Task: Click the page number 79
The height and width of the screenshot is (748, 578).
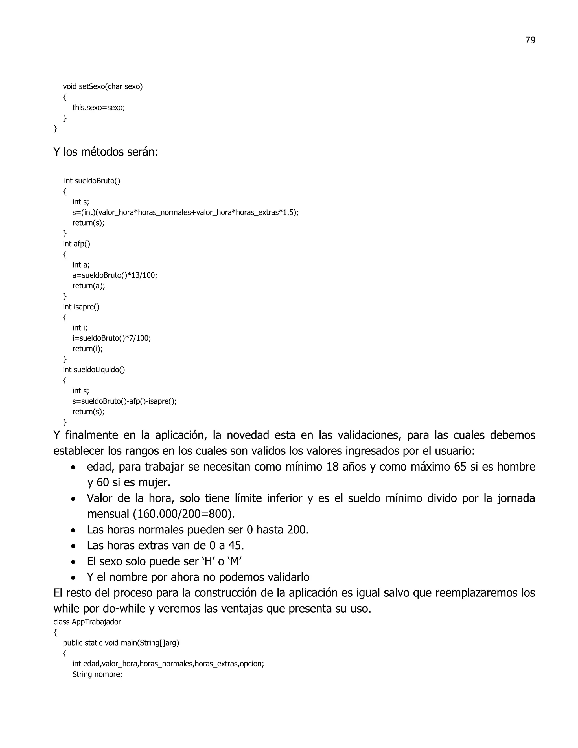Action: click(x=530, y=40)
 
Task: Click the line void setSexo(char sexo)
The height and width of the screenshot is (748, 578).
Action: click(x=103, y=86)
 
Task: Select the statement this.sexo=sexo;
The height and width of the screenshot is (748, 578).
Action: click(x=98, y=108)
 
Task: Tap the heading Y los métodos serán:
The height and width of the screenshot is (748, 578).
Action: click(x=106, y=152)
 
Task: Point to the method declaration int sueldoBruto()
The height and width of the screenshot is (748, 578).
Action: click(x=92, y=181)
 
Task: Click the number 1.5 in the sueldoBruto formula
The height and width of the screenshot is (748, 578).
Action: click(x=289, y=212)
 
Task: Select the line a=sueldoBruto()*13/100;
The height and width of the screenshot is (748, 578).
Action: click(x=115, y=275)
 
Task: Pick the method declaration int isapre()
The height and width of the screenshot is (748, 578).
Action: click(x=81, y=307)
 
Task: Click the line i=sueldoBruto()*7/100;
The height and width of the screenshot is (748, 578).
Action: click(x=112, y=338)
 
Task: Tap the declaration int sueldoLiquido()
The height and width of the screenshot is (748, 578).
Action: click(x=94, y=369)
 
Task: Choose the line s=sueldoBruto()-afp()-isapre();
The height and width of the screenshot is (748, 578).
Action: click(x=125, y=401)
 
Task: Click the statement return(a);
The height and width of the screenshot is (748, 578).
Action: click(x=89, y=286)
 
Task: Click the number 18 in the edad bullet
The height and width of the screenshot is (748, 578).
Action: click(x=332, y=467)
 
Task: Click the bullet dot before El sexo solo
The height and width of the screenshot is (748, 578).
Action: click(x=73, y=562)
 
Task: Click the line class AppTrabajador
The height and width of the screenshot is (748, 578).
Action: click(x=87, y=622)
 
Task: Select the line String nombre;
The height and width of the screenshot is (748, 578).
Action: click(x=97, y=674)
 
